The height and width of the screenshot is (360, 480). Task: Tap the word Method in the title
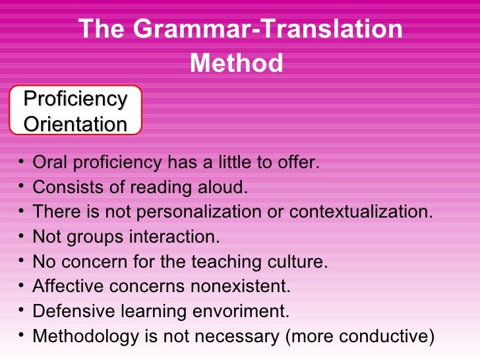236,63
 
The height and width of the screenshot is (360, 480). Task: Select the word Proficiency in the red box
75,100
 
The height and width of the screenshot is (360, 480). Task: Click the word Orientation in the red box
75,124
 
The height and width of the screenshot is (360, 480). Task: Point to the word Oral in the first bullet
48,163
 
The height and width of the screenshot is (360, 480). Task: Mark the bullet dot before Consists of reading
23,187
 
